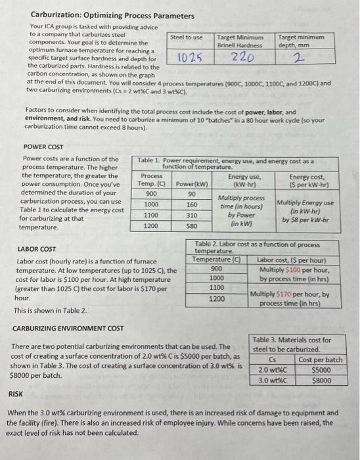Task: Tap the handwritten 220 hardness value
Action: coord(241,57)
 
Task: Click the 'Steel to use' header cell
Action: coord(187,37)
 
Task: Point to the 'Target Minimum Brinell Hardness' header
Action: coord(240,41)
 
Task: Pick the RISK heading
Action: coord(15,395)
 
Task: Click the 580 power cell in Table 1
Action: coord(192,225)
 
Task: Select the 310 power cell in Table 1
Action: coord(192,215)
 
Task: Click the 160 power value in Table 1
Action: coord(192,204)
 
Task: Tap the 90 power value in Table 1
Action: coord(192,194)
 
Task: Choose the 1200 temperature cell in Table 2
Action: coord(216,298)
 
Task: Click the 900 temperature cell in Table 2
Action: coord(216,268)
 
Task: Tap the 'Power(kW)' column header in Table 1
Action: coord(192,183)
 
